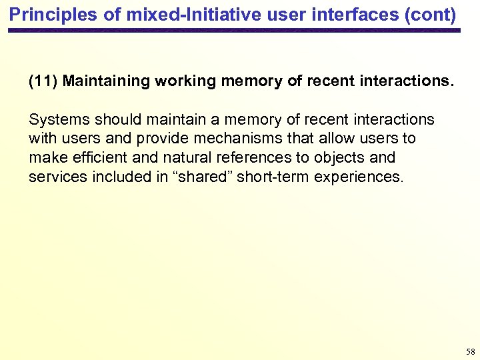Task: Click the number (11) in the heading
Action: pyautogui.click(x=43, y=82)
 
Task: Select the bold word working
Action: pyautogui.click(x=185, y=82)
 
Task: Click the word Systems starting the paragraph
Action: pyautogui.click(x=59, y=120)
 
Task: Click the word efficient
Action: pyautogui.click(x=95, y=158)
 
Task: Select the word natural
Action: pyautogui.click(x=179, y=158)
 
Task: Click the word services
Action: pyautogui.click(x=59, y=177)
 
